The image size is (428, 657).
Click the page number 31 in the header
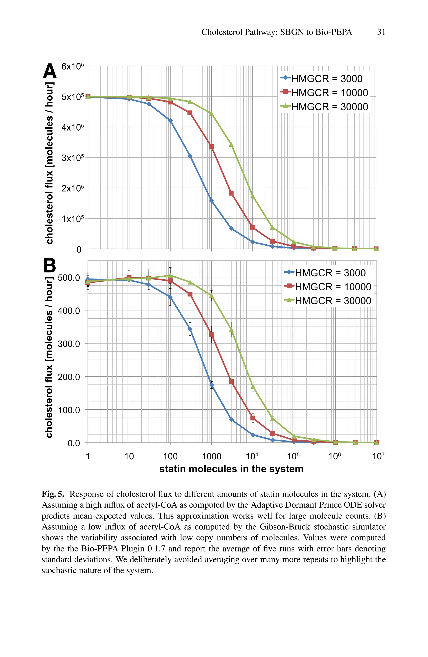pos(381,32)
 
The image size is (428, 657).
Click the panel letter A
pos(50,71)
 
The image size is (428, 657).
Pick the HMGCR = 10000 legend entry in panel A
pos(325,93)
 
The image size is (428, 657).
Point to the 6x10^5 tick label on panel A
pos(72,66)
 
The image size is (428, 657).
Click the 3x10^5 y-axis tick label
pos(72,158)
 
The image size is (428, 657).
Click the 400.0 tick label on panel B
pos(69,311)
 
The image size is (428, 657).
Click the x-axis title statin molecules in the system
pos(231,469)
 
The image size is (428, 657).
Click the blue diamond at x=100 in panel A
pos(170,121)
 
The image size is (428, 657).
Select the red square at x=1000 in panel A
pos(211,147)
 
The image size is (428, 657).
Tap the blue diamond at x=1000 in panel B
pos(211,385)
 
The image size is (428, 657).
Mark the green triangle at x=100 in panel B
pos(170,276)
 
